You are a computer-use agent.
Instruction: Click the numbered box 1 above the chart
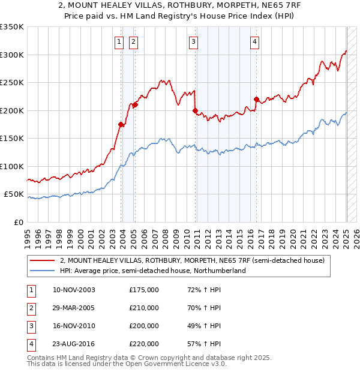tap(119, 41)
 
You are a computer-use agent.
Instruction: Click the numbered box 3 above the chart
tap(194, 41)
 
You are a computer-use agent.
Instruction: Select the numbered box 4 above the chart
tap(255, 41)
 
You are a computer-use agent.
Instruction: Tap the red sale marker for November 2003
tap(121, 124)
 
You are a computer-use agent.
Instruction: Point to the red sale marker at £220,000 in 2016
tap(256, 99)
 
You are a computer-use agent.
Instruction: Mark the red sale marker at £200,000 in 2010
tap(196, 110)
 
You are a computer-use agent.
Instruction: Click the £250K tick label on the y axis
tap(12, 83)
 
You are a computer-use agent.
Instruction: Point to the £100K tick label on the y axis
tap(12, 166)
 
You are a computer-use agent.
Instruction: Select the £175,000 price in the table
tap(144, 290)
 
